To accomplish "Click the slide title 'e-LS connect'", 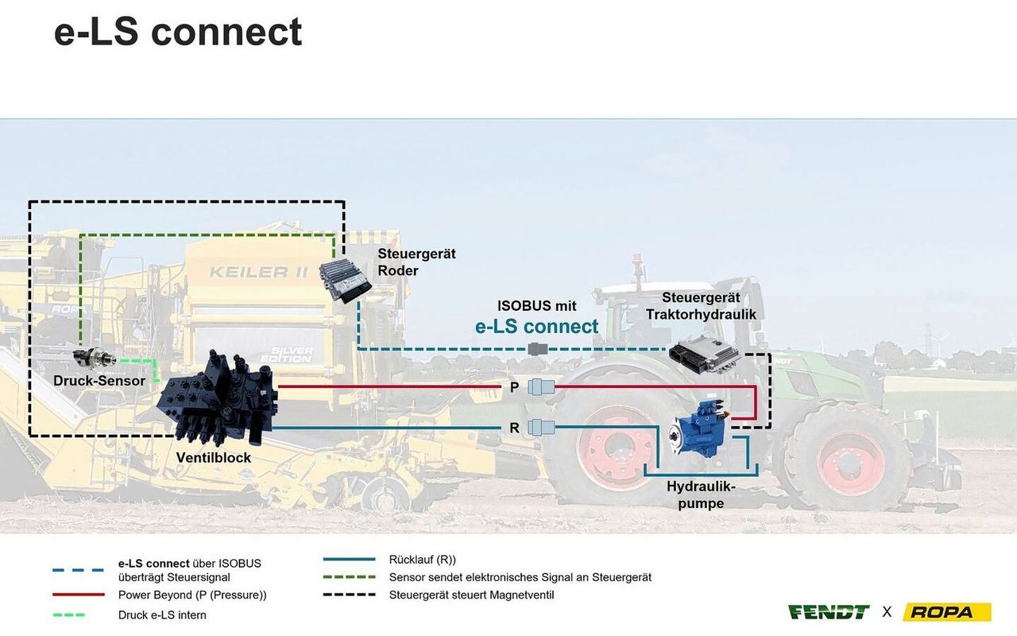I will pyautogui.click(x=178, y=32).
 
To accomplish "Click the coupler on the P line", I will pyautogui.click(x=542, y=387).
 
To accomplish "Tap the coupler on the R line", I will pyautogui.click(x=542, y=427).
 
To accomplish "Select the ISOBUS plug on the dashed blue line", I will pyautogui.click(x=538, y=348).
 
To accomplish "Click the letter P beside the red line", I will pyautogui.click(x=515, y=388).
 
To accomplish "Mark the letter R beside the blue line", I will pyautogui.click(x=515, y=428).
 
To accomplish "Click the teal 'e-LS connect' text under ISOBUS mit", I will pyautogui.click(x=536, y=326).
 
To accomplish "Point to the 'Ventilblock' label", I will pyautogui.click(x=214, y=458).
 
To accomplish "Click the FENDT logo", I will pyautogui.click(x=829, y=611).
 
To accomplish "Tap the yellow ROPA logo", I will pyautogui.click(x=947, y=611).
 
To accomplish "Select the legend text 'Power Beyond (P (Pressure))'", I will pyautogui.click(x=192, y=595).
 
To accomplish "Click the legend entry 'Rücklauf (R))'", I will pyautogui.click(x=422, y=560).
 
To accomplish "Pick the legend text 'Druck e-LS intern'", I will pyautogui.click(x=162, y=615).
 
